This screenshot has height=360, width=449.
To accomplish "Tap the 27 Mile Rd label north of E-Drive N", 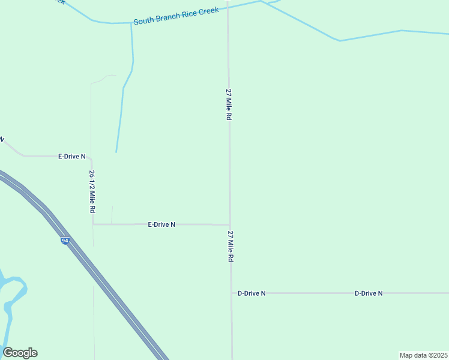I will pyautogui.click(x=228, y=105).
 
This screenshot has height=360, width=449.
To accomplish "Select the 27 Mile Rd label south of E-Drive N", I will pyautogui.click(x=230, y=246).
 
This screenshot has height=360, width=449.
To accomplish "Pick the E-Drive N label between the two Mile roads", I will pyautogui.click(x=161, y=224).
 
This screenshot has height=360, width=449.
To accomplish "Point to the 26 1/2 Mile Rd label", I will pyautogui.click(x=92, y=192).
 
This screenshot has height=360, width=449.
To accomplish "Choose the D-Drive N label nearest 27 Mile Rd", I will pyautogui.click(x=252, y=293).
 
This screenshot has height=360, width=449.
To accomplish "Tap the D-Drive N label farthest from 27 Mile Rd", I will pyautogui.click(x=369, y=293).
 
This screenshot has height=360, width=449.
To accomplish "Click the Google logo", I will pyautogui.click(x=20, y=353).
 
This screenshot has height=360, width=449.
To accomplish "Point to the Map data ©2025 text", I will pyautogui.click(x=423, y=355).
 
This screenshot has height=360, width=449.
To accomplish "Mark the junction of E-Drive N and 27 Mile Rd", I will pyautogui.click(x=230, y=225).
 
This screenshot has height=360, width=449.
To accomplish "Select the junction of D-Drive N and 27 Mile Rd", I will pyautogui.click(x=231, y=293).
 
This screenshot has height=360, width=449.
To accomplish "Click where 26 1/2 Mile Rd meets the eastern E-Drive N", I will pyautogui.click(x=93, y=224).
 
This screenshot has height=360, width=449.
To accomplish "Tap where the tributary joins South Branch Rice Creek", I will pyautogui.click(x=131, y=23).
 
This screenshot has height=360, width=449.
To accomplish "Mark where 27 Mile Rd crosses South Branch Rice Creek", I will pyautogui.click(x=228, y=7).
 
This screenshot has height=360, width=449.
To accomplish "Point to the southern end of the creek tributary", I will pyautogui.click(x=116, y=152).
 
